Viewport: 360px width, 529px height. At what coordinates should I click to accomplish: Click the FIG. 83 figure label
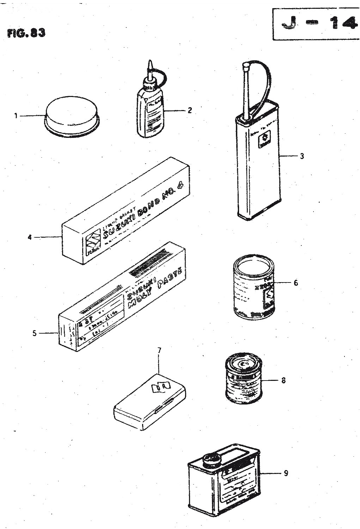click(x=26, y=33)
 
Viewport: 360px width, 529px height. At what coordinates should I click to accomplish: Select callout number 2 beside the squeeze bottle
click(x=190, y=110)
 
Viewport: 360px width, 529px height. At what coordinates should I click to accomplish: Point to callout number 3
click(x=302, y=156)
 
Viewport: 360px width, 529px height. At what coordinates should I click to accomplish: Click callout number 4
click(x=30, y=237)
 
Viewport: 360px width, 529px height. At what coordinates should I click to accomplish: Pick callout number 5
click(x=34, y=333)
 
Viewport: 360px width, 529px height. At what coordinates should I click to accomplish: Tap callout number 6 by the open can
click(x=295, y=282)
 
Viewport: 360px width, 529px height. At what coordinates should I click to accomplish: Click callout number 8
click(x=283, y=381)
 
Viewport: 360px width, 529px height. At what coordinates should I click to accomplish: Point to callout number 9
click(x=286, y=473)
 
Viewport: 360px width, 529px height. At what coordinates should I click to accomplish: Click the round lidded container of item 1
click(x=72, y=114)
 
